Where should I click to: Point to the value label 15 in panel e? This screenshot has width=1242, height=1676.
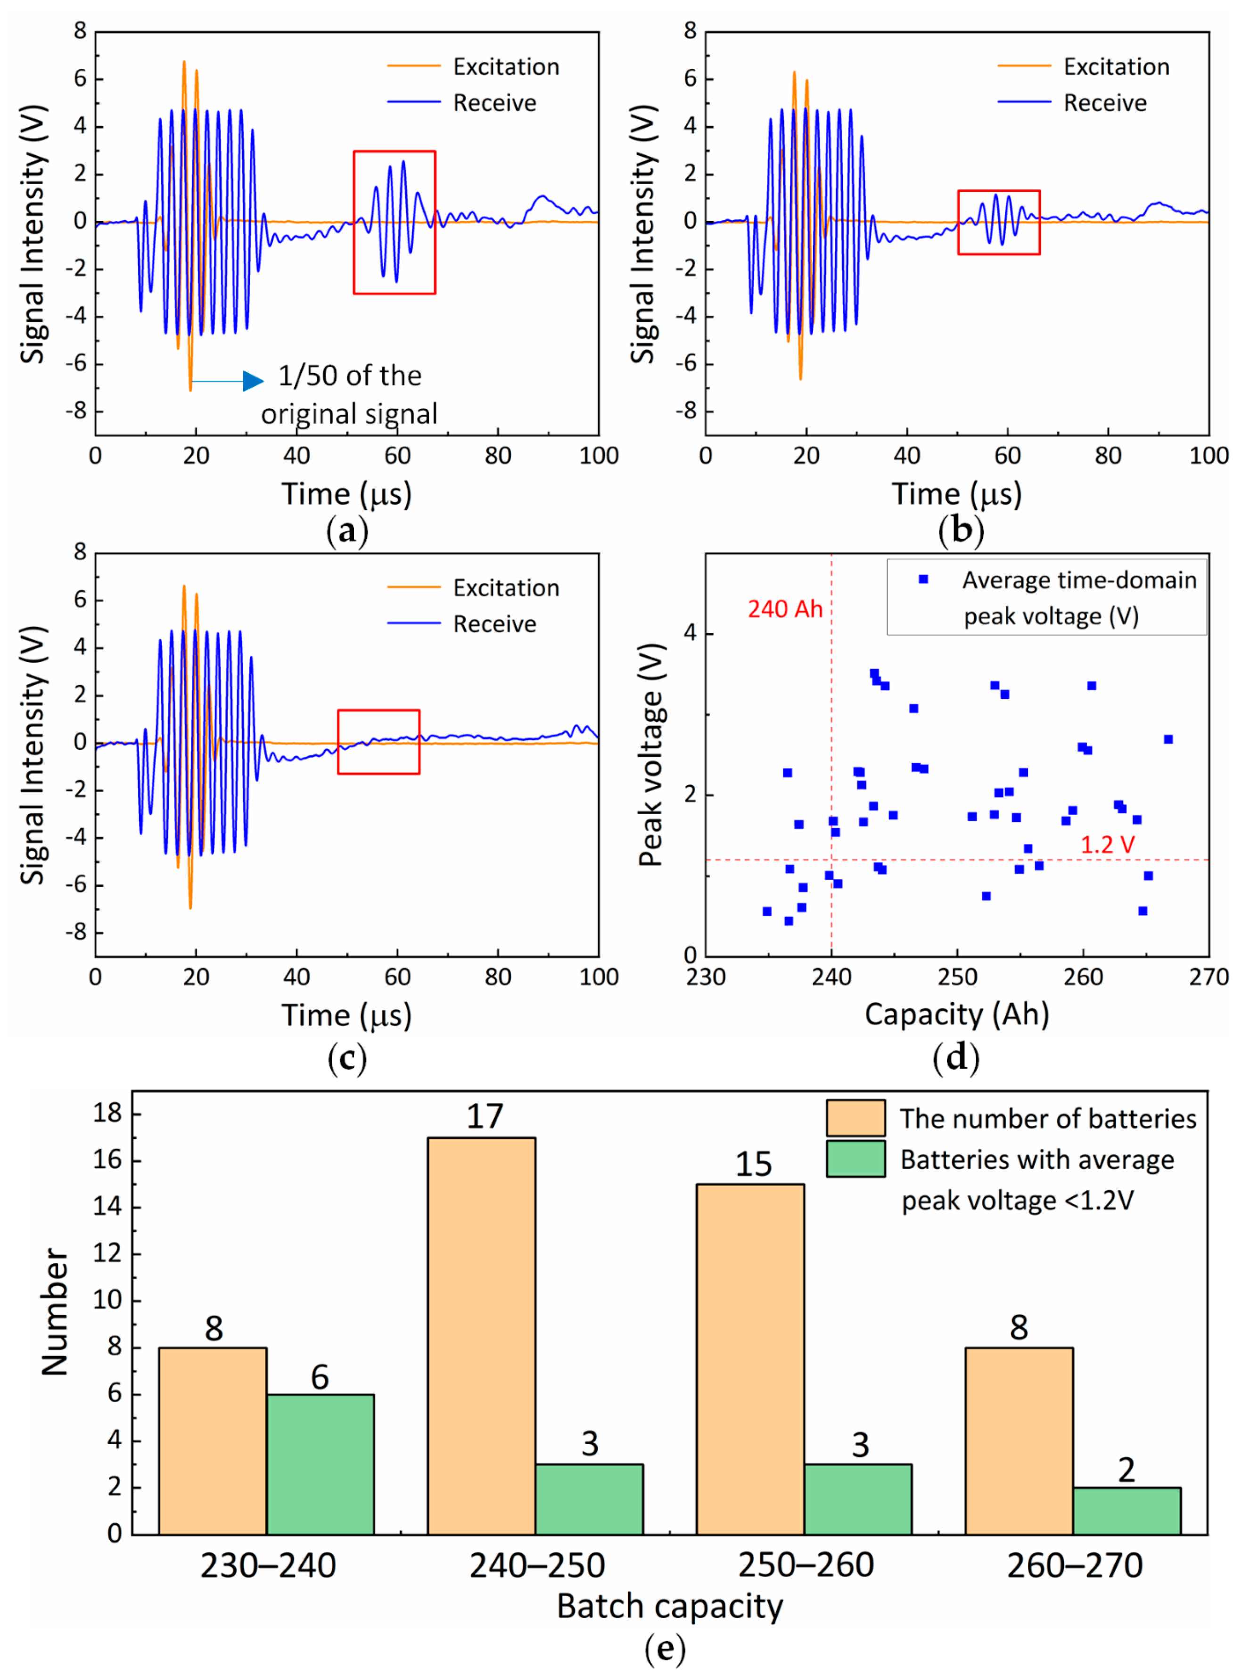coord(753,1164)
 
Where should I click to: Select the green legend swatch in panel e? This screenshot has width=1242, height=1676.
coord(855,1159)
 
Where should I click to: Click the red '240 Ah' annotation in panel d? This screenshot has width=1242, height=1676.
coord(785,609)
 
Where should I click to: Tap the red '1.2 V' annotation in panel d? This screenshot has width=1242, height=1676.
coord(1107,845)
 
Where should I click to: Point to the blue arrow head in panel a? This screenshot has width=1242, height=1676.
coord(254,381)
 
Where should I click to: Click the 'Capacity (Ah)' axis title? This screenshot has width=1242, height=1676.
coord(956,1014)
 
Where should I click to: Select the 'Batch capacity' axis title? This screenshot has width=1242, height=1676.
coord(669,1606)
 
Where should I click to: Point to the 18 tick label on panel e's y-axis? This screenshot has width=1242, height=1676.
coord(107,1113)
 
